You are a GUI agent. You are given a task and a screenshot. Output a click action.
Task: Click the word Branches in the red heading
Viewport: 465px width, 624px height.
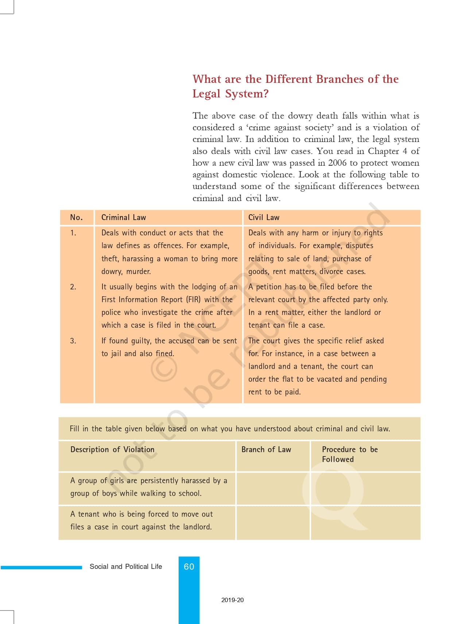[340, 79]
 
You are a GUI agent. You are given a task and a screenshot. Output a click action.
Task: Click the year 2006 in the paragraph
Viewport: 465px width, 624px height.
[337, 163]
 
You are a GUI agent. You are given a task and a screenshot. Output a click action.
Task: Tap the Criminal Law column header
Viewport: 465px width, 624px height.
[124, 217]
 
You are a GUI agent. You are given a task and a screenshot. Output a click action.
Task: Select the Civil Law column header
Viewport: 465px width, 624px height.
[264, 217]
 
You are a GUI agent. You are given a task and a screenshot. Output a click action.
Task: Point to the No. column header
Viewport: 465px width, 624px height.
[76, 217]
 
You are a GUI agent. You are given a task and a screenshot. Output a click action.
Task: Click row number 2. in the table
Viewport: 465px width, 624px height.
[73, 287]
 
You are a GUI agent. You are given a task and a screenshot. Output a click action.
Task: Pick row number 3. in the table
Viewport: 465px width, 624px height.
[73, 341]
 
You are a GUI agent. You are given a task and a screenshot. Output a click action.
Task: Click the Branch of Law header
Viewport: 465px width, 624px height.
[266, 450]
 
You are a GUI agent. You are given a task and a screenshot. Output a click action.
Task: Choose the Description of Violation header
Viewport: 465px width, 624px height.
[112, 450]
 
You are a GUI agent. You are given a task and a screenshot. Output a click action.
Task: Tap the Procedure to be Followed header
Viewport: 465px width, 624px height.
[349, 454]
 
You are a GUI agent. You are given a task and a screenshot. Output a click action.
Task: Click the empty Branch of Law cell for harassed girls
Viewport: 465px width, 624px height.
[273, 489]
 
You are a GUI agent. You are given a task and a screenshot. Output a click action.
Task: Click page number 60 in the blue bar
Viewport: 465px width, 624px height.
[189, 566]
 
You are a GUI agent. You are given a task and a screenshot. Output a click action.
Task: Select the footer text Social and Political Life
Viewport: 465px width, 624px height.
[126, 566]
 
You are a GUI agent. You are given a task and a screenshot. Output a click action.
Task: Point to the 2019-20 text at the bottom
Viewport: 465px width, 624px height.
[232, 600]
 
